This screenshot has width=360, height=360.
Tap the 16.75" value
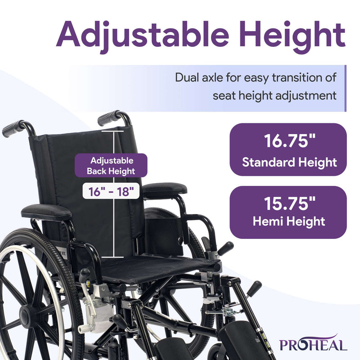coord(288,141)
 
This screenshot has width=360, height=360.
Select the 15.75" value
coord(288,204)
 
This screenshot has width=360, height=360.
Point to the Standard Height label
coord(288,162)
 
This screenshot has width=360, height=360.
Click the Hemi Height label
coord(288,221)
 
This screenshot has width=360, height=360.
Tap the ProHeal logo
coord(313,344)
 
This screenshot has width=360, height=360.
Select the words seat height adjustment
coord(274,95)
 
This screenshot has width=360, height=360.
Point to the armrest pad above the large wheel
coord(46,211)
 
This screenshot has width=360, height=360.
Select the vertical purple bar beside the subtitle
coord(345,88)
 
